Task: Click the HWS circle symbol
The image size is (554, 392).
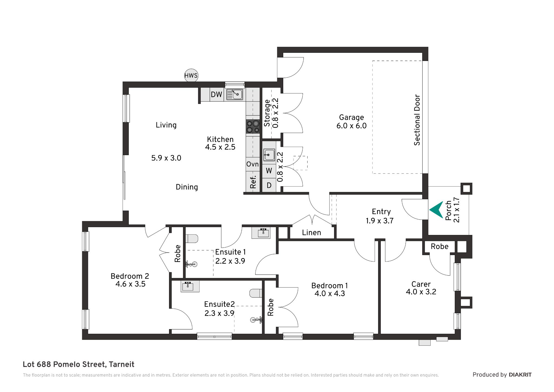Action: pos(191,76)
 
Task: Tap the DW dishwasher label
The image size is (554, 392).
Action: pos(216,94)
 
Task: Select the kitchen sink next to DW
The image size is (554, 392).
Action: pos(235,94)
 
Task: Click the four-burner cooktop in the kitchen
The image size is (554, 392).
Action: pos(253,127)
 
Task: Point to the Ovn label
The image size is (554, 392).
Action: pos(252,164)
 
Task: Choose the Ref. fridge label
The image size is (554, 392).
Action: pos(253,182)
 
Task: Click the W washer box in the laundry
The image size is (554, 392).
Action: pos(269,171)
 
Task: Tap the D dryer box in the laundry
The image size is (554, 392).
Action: pos(269,185)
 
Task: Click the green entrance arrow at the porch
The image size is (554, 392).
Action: pos(436,210)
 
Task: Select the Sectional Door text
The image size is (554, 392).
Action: pos(417,120)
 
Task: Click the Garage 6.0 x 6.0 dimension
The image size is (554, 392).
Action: pos(351,126)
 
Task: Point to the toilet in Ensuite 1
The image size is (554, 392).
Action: pos(192,239)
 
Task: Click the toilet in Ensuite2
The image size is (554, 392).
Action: pos(256,293)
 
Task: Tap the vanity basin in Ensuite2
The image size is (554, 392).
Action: pos(190,286)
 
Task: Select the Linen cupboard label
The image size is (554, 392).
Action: pos(312,233)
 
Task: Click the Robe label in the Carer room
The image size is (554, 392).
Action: pos(440,246)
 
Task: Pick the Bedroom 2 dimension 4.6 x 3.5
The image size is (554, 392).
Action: pos(130,284)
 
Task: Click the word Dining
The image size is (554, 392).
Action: pos(187,187)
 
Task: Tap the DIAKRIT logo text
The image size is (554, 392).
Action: pos(520,375)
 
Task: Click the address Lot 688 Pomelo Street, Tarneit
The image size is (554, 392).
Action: pos(78,364)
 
